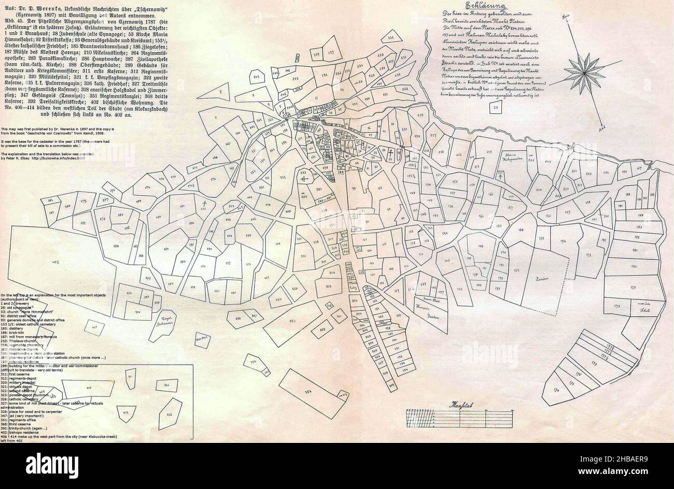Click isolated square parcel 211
[495, 108]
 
